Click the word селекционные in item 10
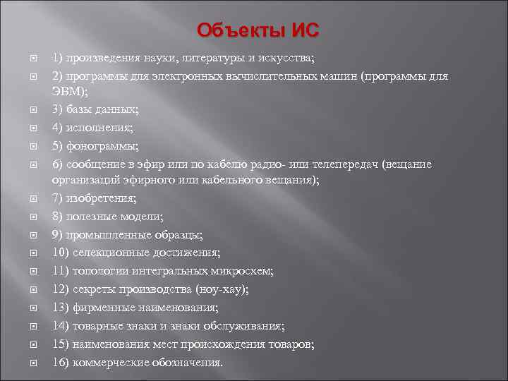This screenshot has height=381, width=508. [110, 253]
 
